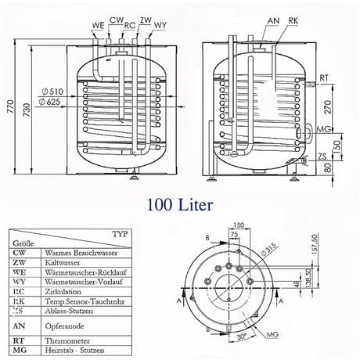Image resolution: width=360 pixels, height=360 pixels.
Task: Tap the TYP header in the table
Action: click(x=120, y=233)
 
